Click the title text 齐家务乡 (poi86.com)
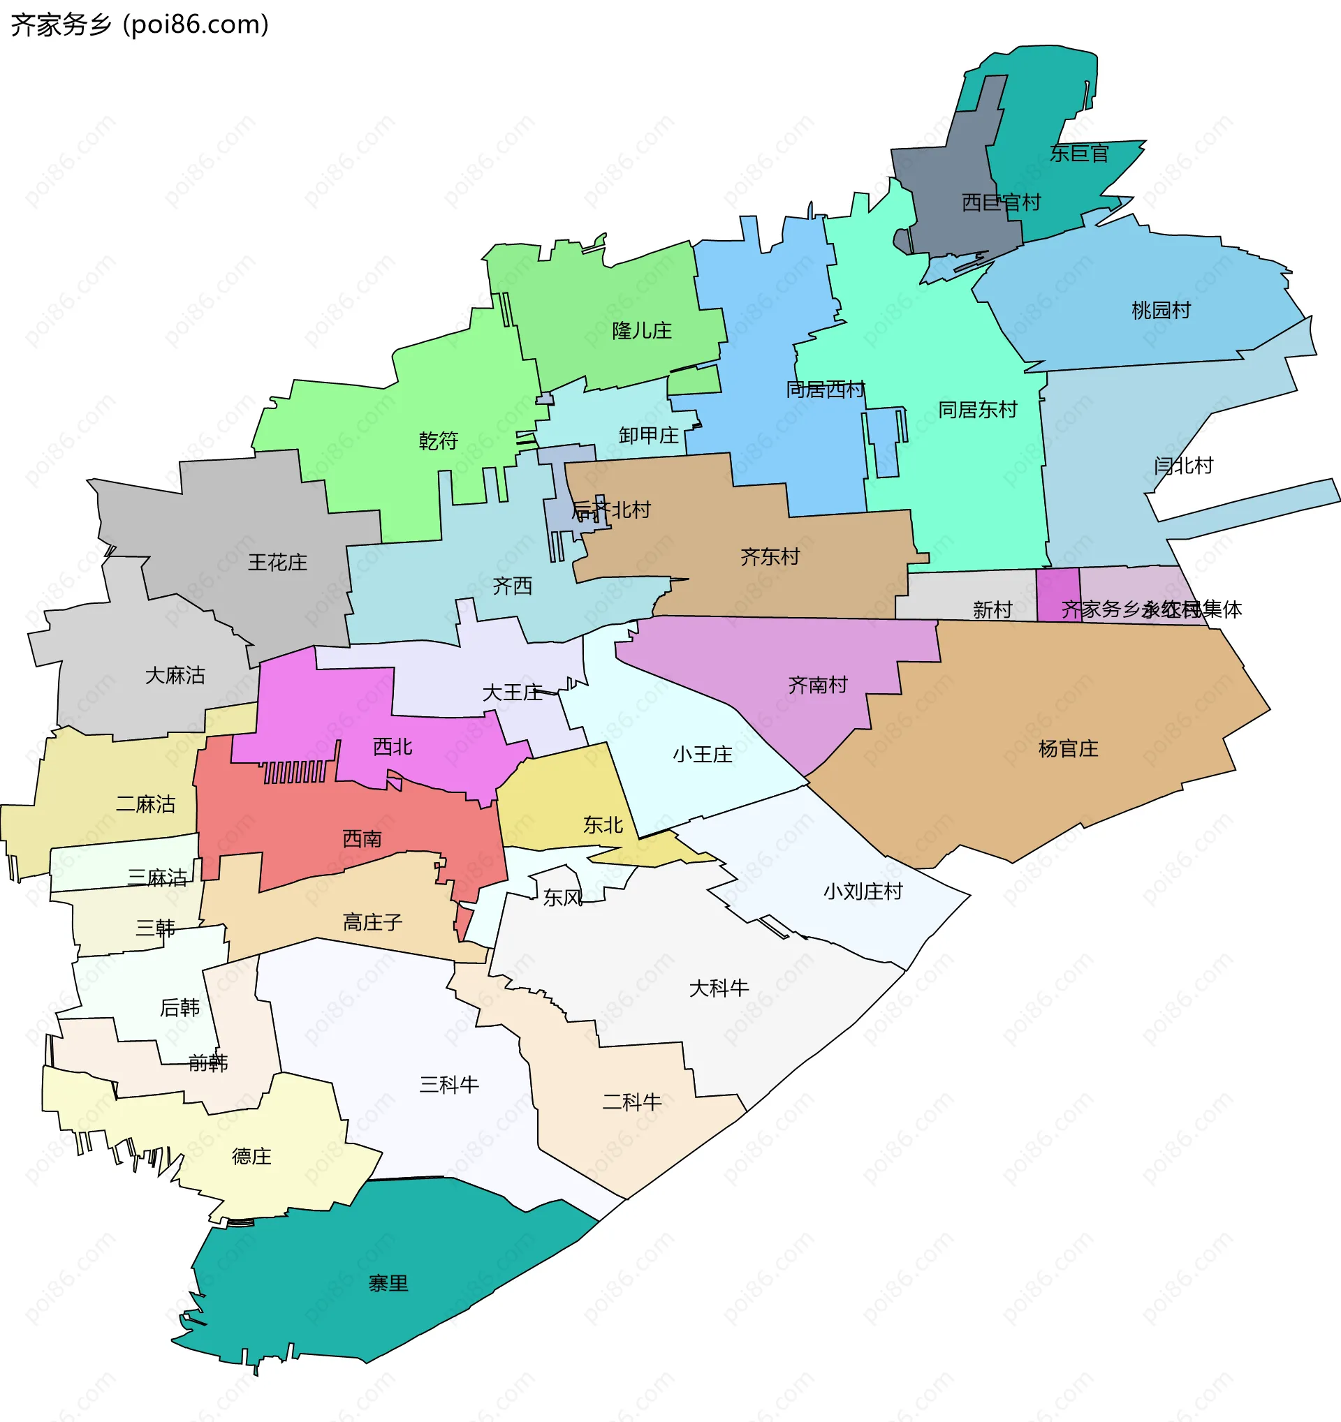tap(140, 24)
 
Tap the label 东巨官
tap(1078, 153)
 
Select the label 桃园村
tap(1161, 311)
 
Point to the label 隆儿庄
tap(642, 330)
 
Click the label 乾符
tap(438, 440)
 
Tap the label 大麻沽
tap(175, 675)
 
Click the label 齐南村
tap(817, 686)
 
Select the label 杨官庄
tap(1068, 749)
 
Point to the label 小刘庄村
tap(863, 891)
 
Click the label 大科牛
tap(719, 988)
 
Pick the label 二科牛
tap(631, 1102)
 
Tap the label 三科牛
tap(448, 1084)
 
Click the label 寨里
tap(388, 1283)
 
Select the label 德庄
tap(251, 1156)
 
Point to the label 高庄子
tap(372, 922)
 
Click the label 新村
tap(992, 609)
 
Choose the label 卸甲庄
tap(648, 435)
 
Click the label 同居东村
tap(977, 410)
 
